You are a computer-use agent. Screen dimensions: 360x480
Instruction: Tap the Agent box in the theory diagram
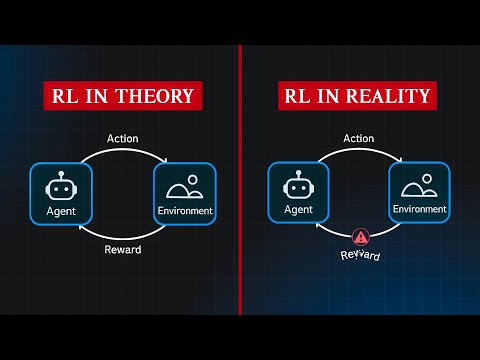point(61,193)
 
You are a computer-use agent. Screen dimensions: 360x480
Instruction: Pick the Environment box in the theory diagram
point(185,193)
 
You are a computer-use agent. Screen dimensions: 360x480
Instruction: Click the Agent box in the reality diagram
point(299,193)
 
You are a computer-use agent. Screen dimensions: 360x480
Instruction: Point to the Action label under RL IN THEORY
point(122,138)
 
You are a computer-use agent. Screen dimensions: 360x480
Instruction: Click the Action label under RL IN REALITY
point(358,138)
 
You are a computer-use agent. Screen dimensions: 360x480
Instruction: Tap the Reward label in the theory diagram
point(123,249)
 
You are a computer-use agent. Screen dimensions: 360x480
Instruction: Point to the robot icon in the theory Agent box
point(61,185)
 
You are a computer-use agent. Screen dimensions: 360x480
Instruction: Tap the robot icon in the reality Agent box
point(299,185)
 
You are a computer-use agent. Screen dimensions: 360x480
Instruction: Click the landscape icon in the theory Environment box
point(185,186)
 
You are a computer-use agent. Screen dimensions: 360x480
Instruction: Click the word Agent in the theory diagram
point(61,212)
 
